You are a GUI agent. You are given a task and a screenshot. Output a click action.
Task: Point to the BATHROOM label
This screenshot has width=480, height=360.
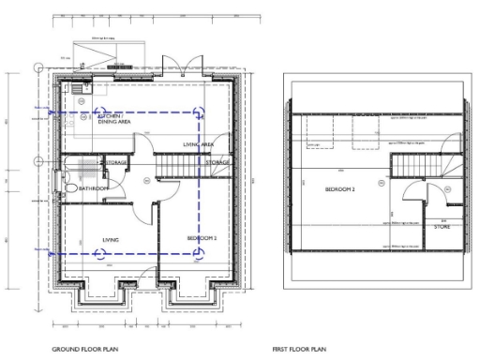point(94,188)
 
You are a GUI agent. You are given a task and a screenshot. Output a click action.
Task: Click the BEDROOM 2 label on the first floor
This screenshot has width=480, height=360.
point(339,188)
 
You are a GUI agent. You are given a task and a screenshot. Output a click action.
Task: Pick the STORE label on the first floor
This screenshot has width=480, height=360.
point(442,226)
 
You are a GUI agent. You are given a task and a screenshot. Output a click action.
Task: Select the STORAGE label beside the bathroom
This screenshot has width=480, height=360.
point(115,163)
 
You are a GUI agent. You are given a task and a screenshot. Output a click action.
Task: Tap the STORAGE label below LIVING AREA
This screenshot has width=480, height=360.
point(217,163)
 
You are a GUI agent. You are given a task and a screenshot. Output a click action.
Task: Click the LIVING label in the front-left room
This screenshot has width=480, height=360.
point(111,240)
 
